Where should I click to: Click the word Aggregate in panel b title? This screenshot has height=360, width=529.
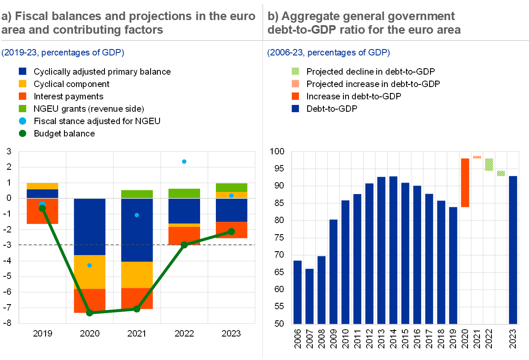tap(306, 17)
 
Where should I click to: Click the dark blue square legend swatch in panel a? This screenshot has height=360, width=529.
tap(23, 71)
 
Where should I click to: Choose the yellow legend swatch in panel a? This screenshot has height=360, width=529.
tap(23, 84)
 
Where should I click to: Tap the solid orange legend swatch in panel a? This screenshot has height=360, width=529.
tap(23, 96)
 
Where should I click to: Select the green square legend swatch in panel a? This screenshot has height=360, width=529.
tap(23, 108)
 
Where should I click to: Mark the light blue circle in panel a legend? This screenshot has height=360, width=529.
tap(23, 121)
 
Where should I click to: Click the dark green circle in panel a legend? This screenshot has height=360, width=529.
tap(23, 134)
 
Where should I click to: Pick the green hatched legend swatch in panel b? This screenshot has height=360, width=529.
tap(295, 71)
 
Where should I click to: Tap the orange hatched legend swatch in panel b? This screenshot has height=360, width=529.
tap(295, 84)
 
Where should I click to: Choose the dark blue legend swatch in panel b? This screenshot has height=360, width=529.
tap(295, 108)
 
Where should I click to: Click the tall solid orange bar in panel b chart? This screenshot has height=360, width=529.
tap(465, 183)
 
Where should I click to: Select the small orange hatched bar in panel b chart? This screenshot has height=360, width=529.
tap(477, 157)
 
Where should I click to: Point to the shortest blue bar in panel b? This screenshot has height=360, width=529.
tap(310, 296)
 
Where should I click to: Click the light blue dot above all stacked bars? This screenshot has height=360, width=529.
tap(184, 161)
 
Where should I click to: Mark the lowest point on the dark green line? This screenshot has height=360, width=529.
tap(90, 313)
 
